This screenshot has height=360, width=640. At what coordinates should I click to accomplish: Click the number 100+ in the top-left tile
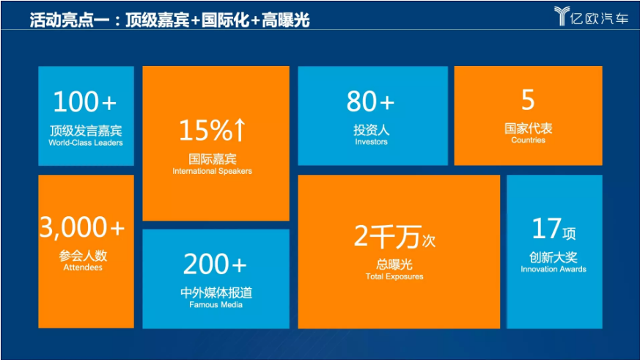85,102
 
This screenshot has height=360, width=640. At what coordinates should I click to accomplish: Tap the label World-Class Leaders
86,143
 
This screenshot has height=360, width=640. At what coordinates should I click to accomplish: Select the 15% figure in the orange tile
206,131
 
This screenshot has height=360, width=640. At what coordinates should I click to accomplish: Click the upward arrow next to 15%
240,130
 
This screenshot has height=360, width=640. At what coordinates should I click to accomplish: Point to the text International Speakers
213,171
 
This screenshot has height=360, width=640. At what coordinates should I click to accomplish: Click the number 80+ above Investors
370,101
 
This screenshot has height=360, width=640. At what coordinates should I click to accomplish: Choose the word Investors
372,142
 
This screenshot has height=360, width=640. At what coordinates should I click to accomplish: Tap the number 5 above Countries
528,100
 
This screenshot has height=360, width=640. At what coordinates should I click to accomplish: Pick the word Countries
528,141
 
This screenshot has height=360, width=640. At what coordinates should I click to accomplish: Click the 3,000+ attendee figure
82,227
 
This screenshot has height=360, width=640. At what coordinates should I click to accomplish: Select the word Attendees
83,268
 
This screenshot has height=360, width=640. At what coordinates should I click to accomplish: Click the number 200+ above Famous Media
215,264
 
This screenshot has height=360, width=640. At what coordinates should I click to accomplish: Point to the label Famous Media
216,305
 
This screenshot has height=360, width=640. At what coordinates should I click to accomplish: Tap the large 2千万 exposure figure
387,236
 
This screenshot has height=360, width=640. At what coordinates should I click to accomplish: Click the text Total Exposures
394,276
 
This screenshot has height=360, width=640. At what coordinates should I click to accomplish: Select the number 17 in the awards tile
547,229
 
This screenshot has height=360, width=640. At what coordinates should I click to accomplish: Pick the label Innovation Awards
553,269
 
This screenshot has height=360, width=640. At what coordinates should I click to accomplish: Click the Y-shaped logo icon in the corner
562,16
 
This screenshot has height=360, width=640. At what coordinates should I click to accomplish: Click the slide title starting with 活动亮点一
170,20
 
